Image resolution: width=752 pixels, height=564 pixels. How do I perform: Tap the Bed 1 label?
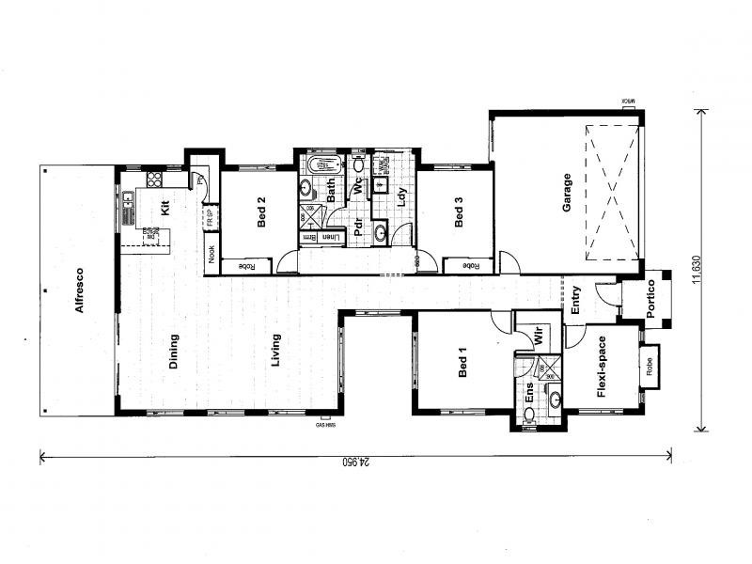(462, 362)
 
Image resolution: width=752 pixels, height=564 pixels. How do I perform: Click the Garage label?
(567, 193)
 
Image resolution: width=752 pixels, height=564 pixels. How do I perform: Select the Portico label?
(656, 300)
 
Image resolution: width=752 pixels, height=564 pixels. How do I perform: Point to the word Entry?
(576, 301)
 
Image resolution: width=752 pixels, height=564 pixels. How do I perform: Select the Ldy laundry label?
(400, 197)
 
